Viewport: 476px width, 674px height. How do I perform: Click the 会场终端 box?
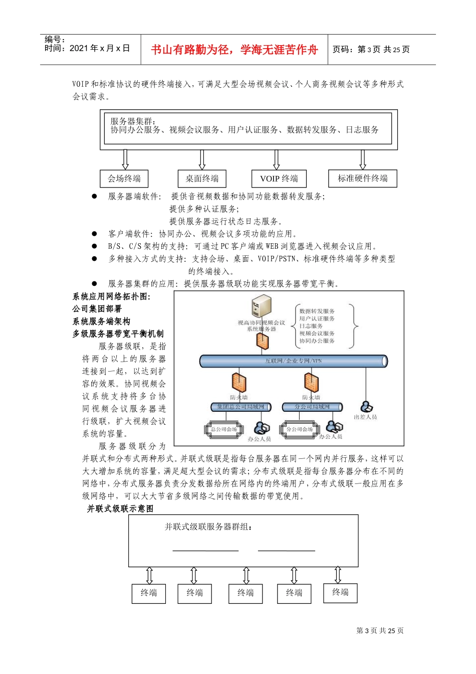click(124, 179)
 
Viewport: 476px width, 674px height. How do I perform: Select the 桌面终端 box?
click(202, 179)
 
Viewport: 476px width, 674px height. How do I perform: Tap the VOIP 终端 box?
click(279, 179)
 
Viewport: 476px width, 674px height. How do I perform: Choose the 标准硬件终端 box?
click(362, 178)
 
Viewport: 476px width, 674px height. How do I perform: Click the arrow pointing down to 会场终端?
click(125, 159)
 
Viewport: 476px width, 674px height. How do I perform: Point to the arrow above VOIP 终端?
click(276, 159)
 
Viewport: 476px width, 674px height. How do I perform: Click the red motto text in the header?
click(234, 50)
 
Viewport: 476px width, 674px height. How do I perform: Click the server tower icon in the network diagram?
click(262, 306)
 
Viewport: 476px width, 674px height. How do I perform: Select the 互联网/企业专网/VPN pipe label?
click(294, 361)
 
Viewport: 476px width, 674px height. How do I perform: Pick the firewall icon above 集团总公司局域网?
click(239, 383)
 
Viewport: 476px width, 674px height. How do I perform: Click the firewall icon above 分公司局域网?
click(311, 383)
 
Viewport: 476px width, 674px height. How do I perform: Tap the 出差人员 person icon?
click(366, 406)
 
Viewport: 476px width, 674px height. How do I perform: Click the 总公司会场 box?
click(224, 429)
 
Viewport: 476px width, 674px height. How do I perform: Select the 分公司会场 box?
click(300, 429)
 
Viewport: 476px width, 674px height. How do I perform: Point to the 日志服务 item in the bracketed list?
click(311, 326)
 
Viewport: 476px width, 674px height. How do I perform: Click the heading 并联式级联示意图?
click(120, 509)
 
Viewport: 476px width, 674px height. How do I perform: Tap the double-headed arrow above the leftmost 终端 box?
click(149, 575)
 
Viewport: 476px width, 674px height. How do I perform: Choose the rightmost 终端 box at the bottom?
click(340, 592)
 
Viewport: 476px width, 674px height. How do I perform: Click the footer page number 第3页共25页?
click(380, 631)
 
